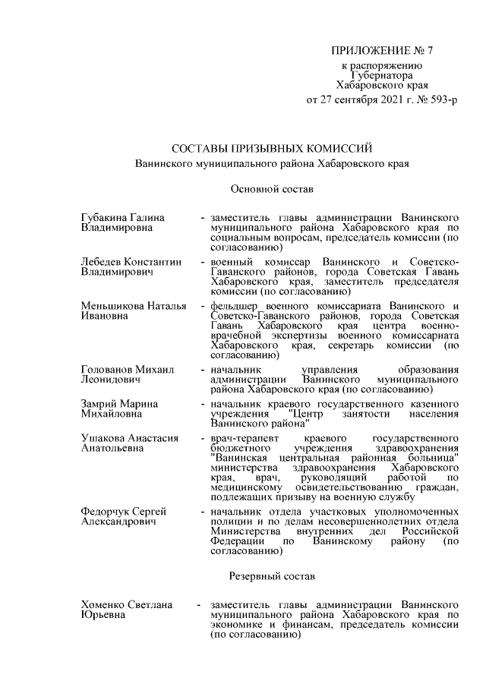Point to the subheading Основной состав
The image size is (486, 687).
tap(271, 187)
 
